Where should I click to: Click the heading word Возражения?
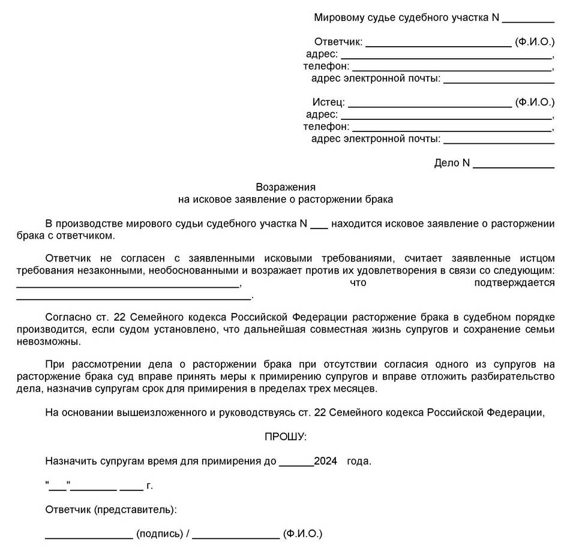(285, 186)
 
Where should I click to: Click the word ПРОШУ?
(285, 437)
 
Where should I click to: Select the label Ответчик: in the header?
(338, 42)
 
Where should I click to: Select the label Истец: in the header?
(328, 103)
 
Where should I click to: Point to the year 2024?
(326, 462)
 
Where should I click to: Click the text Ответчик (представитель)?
(111, 510)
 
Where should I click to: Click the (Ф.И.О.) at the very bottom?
(302, 534)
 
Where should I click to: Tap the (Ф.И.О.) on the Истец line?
(535, 103)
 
